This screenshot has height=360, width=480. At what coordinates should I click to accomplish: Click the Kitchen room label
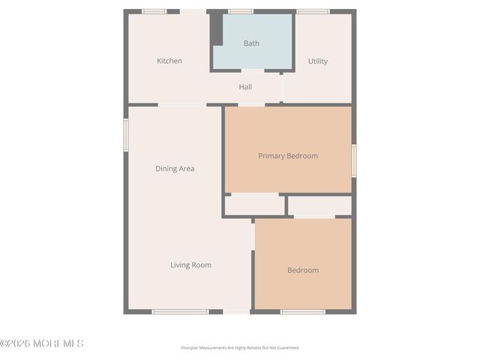[x=169, y=61]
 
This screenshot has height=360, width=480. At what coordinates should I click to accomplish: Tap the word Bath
[x=251, y=43]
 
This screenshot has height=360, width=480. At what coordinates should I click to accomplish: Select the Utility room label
[x=318, y=61]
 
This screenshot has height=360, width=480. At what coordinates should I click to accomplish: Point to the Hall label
[x=245, y=87]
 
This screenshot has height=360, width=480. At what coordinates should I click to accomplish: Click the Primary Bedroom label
[x=288, y=156]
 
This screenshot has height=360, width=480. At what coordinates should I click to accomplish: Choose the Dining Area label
[x=175, y=169]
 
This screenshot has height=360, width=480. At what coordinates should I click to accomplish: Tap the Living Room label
[x=190, y=265]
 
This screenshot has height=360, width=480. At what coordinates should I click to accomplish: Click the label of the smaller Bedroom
[x=303, y=270]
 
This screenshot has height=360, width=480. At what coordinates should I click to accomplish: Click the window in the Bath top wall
[x=241, y=11]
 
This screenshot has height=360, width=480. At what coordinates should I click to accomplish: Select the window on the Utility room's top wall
[x=313, y=11]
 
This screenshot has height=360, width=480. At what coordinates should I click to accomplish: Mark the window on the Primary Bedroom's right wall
[x=353, y=160]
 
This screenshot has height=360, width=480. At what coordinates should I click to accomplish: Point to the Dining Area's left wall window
[x=126, y=135]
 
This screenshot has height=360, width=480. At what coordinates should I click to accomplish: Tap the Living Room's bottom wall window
[x=180, y=311]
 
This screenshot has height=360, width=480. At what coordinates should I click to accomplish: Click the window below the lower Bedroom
[x=302, y=311]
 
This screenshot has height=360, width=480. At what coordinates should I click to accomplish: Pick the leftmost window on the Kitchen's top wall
[x=154, y=11]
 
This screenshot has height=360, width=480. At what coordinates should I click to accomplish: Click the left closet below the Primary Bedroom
[x=254, y=205]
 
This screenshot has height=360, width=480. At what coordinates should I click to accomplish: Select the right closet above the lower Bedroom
[x=319, y=205]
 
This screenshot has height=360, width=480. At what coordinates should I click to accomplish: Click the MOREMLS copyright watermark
[x=42, y=343]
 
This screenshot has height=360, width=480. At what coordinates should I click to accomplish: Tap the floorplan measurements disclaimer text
[x=240, y=348]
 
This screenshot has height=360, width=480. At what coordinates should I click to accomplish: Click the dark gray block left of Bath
[x=216, y=28]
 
